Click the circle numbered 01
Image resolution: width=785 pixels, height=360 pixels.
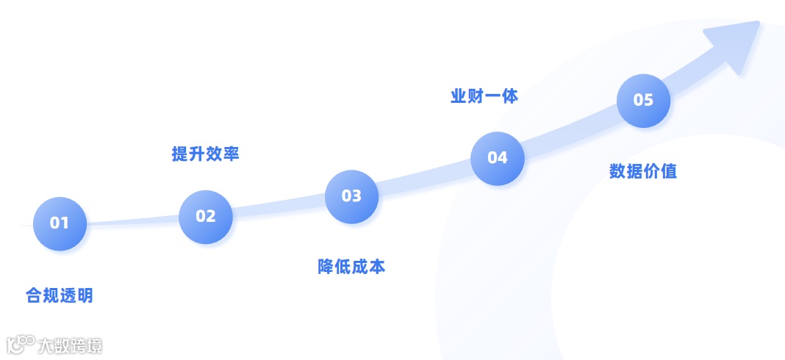tap(60, 223)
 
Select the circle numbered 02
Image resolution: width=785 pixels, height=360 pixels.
tap(206, 216)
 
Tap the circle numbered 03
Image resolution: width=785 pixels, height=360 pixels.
tap(351, 196)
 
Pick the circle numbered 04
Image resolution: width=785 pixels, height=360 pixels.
tap(498, 157)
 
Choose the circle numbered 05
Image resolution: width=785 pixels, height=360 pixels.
tap(643, 100)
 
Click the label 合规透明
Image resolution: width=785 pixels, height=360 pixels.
tap(60, 296)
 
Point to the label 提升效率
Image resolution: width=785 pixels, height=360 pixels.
tap(206, 154)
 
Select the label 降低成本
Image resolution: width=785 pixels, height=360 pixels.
tap(351, 267)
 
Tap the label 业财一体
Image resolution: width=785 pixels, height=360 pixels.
tap(484, 96)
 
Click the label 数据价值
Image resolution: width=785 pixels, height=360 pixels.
tap(643, 171)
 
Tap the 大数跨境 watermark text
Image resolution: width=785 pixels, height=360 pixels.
tap(71, 345)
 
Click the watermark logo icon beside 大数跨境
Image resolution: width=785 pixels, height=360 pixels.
tap(21, 345)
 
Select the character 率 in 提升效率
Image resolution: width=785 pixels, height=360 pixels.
tap(231, 154)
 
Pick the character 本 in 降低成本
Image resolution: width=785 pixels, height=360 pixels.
tap(376, 267)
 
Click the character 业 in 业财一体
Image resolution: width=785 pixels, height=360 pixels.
tap(459, 96)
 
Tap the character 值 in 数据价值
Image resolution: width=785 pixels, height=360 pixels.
tap(668, 171)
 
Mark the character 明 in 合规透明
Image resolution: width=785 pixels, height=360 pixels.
tap(85, 296)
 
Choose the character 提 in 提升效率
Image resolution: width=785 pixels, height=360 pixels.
tap(180, 154)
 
